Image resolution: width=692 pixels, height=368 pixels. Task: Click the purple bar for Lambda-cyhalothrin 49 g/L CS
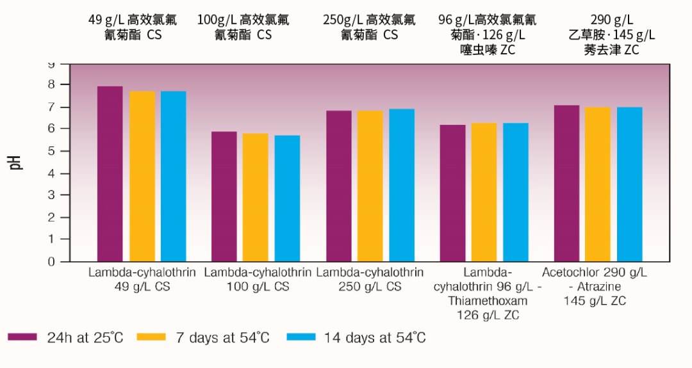pos(110,174)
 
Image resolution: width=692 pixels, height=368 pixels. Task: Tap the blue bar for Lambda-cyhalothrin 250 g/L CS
pos(402,185)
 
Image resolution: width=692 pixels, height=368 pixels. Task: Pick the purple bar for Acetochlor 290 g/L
pos(566,183)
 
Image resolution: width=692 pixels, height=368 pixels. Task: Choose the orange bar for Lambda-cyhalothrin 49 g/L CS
pos(142,176)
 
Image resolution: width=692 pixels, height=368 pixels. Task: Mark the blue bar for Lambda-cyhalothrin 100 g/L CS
pos(287,198)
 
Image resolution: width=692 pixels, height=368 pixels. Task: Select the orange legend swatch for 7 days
pos(151,337)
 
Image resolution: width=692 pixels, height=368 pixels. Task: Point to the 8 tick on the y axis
pos(52,84)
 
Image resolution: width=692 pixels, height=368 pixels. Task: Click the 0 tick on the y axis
pos(52,261)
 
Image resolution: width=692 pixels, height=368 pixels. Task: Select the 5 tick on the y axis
pos(52,151)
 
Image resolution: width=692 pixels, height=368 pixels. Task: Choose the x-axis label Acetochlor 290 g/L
pos(595,273)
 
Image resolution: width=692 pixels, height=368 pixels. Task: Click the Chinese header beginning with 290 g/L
pos(611,35)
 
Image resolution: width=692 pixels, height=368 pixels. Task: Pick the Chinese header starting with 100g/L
pos(243,28)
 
